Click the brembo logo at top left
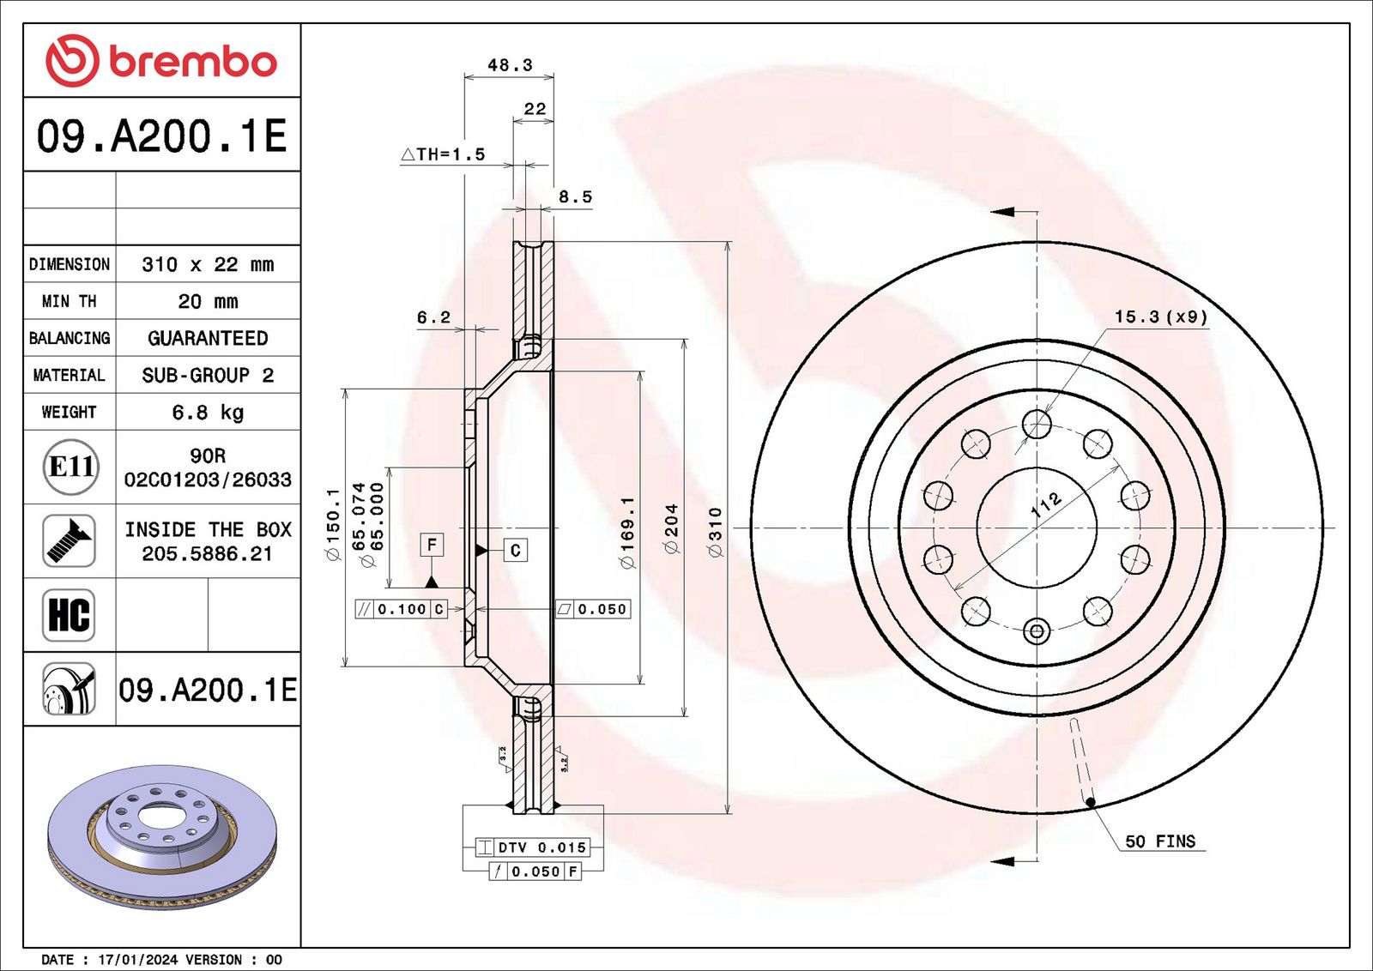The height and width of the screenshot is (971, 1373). click(x=161, y=61)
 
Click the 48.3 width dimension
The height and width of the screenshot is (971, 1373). click(x=510, y=64)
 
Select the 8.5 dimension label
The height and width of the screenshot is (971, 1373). click(x=575, y=196)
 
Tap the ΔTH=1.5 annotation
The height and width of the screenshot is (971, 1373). click(x=443, y=154)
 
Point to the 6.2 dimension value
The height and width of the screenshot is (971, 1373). click(x=433, y=317)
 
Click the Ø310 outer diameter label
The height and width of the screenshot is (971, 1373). click(x=716, y=532)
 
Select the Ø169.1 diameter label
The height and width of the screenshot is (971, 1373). click(x=627, y=533)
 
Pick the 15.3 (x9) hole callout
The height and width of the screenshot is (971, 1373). click(x=1160, y=317)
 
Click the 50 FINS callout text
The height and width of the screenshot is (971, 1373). click(x=1160, y=841)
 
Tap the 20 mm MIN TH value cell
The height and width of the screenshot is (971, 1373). click(x=208, y=301)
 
